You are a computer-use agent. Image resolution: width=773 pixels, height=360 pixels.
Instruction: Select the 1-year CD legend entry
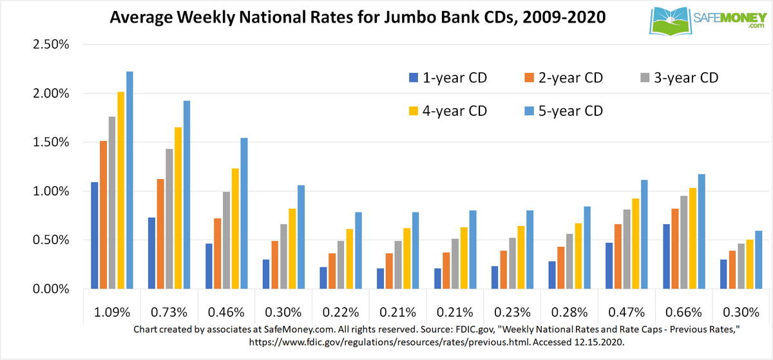point(447,79)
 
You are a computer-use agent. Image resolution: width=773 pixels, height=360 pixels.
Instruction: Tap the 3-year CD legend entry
point(679,79)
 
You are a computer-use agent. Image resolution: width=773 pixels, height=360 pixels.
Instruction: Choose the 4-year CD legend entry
point(447,111)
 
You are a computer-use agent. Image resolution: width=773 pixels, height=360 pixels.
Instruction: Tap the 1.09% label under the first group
point(112,312)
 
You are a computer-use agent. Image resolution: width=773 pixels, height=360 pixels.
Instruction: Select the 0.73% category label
point(169,312)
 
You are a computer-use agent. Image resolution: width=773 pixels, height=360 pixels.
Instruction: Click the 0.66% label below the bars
point(683,312)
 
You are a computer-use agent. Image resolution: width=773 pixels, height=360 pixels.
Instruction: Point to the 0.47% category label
point(626,312)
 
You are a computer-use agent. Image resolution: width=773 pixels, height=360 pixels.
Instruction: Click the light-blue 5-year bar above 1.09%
point(129,180)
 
